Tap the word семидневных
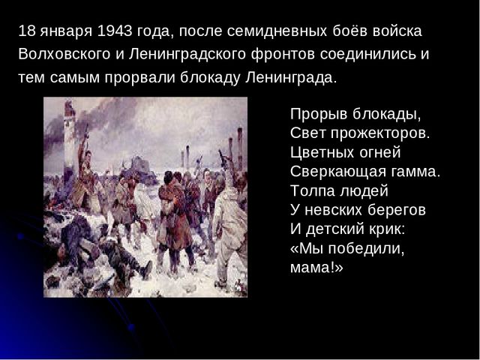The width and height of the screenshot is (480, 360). (277, 31)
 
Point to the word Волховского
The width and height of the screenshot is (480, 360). (64, 54)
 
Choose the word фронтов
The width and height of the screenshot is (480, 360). (283, 55)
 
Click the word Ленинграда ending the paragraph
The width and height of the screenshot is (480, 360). (291, 78)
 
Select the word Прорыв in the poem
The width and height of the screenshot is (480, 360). (319, 115)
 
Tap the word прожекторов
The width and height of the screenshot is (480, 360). (380, 133)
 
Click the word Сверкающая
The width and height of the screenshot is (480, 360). (338, 172)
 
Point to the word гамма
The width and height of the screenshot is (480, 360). (415, 172)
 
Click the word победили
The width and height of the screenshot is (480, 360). (366, 248)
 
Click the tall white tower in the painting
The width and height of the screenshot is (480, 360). (69, 138)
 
